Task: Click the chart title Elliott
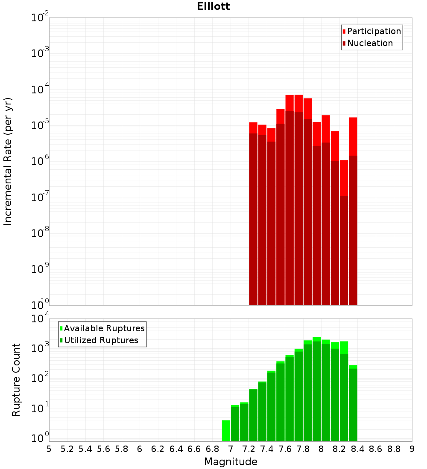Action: tap(213, 6)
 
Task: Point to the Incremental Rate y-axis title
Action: tap(8, 161)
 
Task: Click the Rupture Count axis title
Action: tap(16, 379)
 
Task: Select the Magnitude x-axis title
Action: tap(231, 462)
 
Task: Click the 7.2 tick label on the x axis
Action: tap(249, 449)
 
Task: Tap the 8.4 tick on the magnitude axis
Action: tap(357, 449)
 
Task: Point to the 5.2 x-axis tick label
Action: tap(67, 449)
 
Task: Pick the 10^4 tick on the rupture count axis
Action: tap(40, 319)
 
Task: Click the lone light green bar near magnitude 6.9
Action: tap(226, 431)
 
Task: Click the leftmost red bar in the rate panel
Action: tap(253, 213)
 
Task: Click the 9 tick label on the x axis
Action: tap(412, 449)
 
